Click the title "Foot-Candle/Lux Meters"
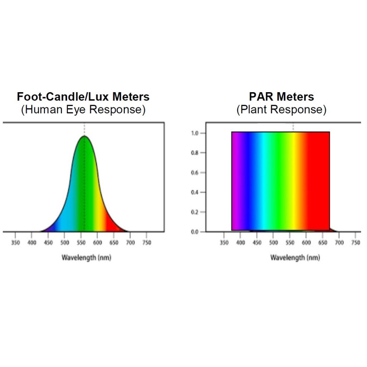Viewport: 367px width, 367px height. click(x=83, y=97)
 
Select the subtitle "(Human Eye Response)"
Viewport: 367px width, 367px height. click(x=83, y=110)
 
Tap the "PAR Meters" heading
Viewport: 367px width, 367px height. click(x=281, y=97)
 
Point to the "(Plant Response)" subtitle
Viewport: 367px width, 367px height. click(x=281, y=110)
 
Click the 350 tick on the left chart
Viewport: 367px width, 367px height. click(x=15, y=242)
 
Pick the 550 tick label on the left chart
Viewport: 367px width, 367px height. click(x=81, y=242)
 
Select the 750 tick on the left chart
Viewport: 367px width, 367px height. click(x=147, y=242)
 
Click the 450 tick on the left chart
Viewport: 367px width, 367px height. click(x=48, y=242)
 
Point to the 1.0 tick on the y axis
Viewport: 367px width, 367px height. click(x=195, y=133)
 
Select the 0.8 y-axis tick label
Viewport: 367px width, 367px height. click(x=195, y=153)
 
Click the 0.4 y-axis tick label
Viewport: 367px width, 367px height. click(x=195, y=192)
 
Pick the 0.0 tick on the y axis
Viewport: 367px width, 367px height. click(x=195, y=232)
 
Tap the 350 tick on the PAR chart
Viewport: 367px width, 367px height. click(x=224, y=242)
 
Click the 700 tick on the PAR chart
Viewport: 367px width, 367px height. click(x=339, y=242)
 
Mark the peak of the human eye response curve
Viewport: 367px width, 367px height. click(x=84, y=136)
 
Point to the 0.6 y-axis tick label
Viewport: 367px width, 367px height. click(x=195, y=172)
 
